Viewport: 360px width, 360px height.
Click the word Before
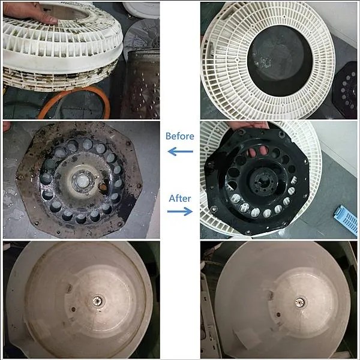coord(180,136)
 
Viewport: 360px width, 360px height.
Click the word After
coord(180,199)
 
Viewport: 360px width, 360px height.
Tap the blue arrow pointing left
coord(180,152)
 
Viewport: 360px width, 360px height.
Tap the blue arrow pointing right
coord(180,211)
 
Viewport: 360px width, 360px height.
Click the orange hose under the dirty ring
coord(76,101)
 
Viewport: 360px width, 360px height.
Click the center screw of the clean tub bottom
coord(299,302)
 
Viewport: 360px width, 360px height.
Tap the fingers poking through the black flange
coord(258,152)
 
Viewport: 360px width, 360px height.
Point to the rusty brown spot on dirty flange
coord(103,187)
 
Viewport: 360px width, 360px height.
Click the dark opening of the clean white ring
coord(280,61)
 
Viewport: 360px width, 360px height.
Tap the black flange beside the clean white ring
coord(345,88)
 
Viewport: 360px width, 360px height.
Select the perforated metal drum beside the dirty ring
coord(140,85)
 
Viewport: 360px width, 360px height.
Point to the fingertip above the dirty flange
coord(7,127)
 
